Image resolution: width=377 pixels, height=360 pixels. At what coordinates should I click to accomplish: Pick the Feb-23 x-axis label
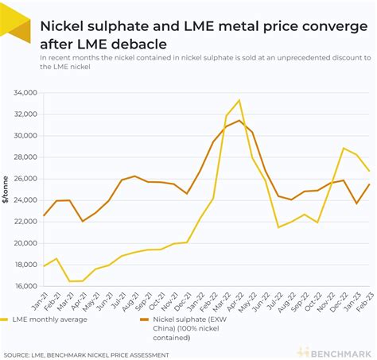coord(363,301)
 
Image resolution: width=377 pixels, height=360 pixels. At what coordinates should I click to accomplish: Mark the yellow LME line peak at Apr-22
coord(239,100)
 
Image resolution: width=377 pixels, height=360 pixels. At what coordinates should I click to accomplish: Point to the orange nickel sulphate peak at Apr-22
coord(239,120)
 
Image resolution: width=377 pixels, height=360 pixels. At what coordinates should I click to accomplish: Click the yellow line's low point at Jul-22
coord(278,227)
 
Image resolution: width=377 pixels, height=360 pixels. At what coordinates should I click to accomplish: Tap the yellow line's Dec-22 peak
coord(343,149)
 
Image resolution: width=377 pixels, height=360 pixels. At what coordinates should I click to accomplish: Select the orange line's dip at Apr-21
coord(83,221)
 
